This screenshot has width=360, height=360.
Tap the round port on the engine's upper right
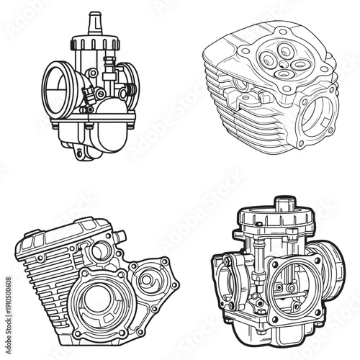click(102, 251)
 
